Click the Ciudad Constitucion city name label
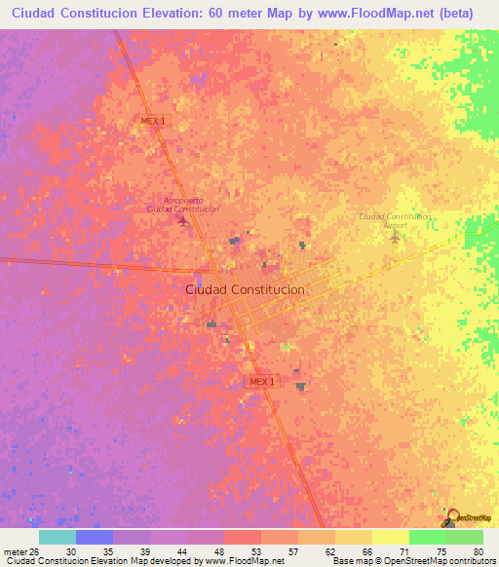click(245, 289)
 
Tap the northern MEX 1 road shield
click(151, 120)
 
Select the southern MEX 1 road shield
click(262, 381)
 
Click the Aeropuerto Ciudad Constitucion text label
click(183, 204)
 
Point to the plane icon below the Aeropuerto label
click(183, 220)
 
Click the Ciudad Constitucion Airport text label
click(395, 220)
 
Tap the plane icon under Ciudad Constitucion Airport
click(395, 236)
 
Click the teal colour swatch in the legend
click(57, 537)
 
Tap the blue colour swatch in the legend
click(94, 537)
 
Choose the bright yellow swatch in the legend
click(390, 537)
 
